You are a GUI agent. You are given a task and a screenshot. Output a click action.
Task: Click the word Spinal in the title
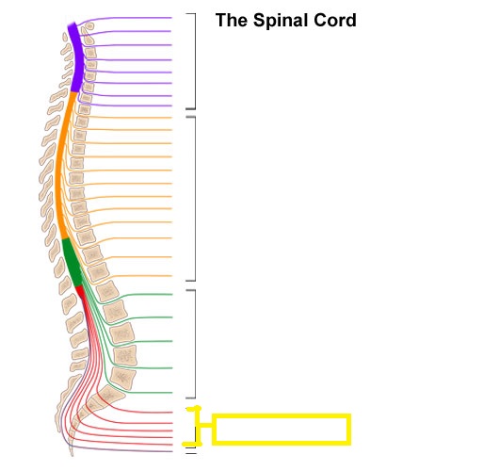click(281, 21)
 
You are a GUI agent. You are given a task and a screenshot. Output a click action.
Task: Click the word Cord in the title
click(335, 21)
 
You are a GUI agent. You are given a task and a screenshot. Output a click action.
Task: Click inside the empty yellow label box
click(282, 430)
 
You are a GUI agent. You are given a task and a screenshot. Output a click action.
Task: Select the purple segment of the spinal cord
click(76, 57)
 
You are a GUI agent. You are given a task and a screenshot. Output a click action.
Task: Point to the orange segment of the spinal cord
click(62, 166)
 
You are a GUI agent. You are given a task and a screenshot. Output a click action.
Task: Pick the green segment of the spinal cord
click(72, 263)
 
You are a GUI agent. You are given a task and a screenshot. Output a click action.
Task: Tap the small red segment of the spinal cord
click(80, 291)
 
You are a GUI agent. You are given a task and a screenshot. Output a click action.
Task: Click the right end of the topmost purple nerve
click(171, 18)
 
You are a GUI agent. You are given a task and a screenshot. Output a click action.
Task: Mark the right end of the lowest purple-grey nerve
click(172, 451)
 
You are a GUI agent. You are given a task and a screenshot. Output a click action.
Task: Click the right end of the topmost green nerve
click(172, 295)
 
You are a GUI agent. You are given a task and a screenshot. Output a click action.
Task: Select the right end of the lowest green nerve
click(172, 393)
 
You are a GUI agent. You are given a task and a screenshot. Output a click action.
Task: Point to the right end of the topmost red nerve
click(172, 413)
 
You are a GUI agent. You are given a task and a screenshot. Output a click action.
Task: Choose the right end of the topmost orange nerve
click(171, 118)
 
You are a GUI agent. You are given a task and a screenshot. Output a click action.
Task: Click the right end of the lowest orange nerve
click(171, 276)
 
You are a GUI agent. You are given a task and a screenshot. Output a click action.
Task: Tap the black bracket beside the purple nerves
click(195, 61)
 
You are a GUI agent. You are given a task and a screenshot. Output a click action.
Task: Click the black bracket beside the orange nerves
click(195, 199)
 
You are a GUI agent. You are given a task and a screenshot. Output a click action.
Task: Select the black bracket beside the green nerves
click(195, 344)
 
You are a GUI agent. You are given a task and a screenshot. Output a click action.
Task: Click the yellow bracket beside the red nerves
click(199, 426)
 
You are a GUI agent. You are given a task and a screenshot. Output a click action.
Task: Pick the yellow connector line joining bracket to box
click(206, 425)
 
